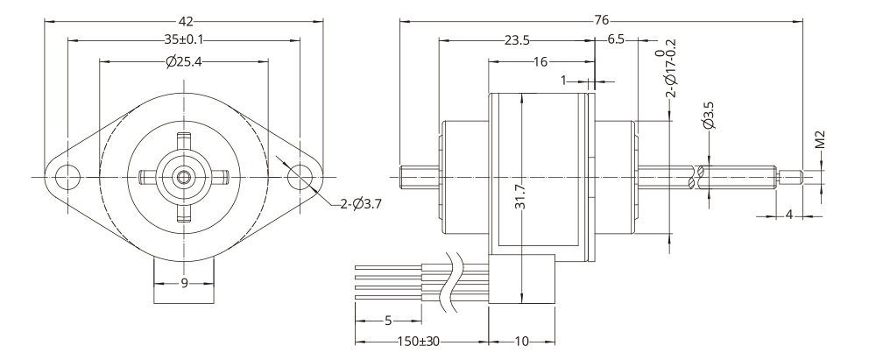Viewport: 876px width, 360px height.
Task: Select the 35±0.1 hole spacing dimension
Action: tap(183, 40)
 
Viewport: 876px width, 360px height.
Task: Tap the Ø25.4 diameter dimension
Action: tap(183, 61)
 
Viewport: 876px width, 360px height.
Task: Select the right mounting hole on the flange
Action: tap(300, 177)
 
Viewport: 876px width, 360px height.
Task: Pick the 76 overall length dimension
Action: tap(602, 19)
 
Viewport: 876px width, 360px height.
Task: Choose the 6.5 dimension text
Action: tap(615, 40)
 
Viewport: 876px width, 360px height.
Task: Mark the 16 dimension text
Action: tap(539, 61)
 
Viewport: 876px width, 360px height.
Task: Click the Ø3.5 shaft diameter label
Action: tap(709, 116)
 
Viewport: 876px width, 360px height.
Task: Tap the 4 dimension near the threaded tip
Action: tap(788, 215)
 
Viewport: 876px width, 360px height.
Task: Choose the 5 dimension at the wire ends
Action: tap(388, 320)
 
